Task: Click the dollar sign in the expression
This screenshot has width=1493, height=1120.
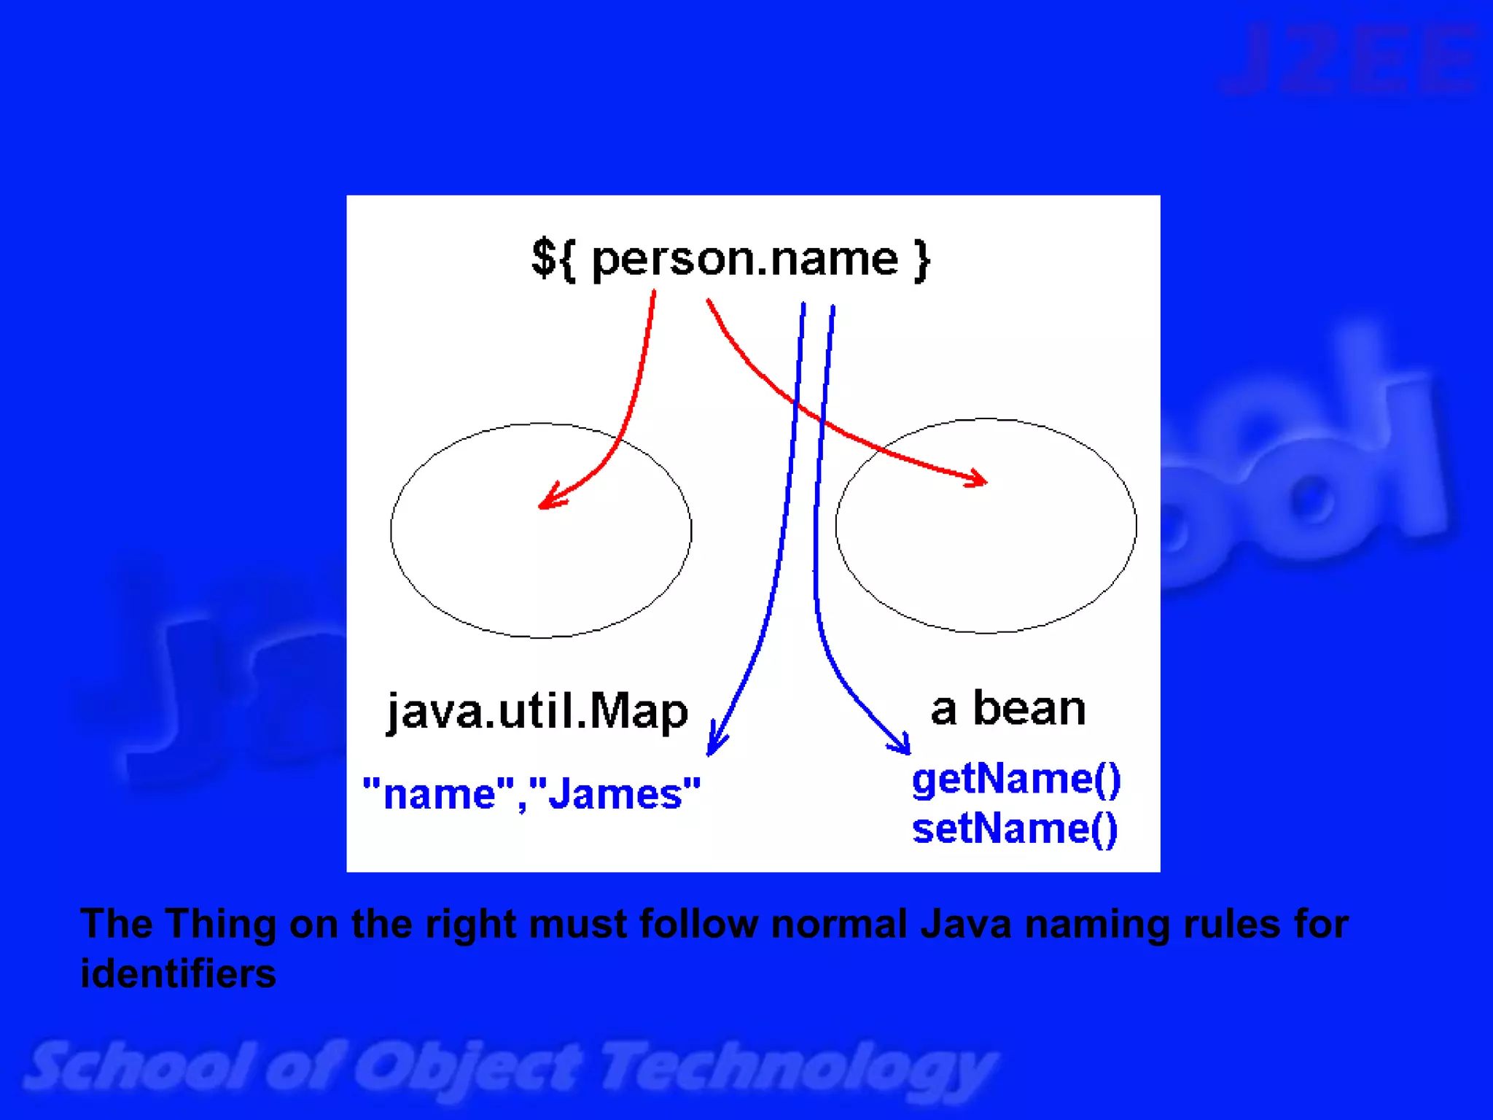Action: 544,258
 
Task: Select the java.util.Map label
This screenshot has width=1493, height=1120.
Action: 537,711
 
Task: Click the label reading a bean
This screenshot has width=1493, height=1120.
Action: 1008,708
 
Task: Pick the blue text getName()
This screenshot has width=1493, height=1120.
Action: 1016,779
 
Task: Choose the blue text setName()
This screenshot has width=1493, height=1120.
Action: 1015,829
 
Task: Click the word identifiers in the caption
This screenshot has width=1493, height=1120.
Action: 178,973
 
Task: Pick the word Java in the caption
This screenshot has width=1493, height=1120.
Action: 965,924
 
